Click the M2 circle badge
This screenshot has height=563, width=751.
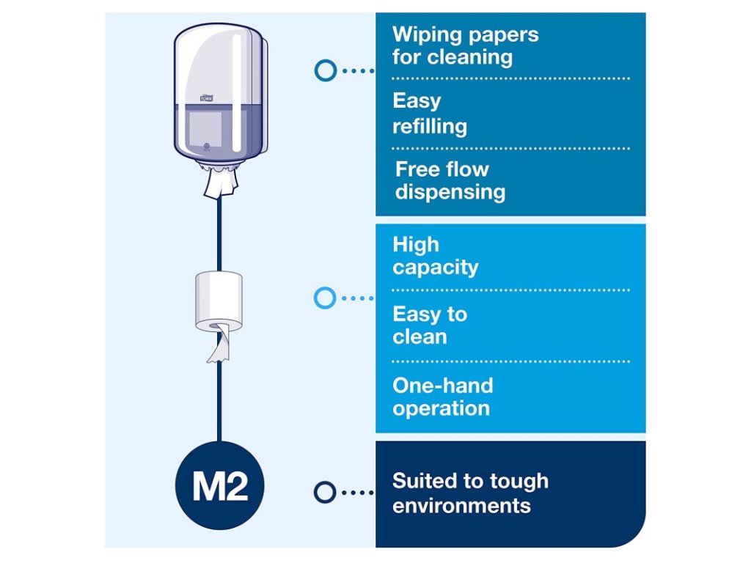coord(219,485)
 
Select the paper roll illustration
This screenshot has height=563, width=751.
coord(219,302)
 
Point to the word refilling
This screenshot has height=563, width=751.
coord(429,126)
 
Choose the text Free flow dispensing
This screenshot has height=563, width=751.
coord(450,180)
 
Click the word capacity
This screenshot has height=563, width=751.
coord(435,268)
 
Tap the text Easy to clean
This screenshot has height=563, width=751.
coord(429,325)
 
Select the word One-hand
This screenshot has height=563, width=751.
coord(442,386)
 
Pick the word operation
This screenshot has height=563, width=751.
coord(441,408)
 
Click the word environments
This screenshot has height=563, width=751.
coord(461,505)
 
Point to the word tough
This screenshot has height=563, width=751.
coord(519,482)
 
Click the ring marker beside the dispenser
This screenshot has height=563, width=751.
coord(325,70)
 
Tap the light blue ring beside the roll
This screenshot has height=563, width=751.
coord(324,298)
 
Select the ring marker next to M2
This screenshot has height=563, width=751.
coord(324,492)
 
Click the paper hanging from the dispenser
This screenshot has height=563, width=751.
coord(221,183)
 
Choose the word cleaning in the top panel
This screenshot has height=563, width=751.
coord(473,57)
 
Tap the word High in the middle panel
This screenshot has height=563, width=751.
coord(415,245)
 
